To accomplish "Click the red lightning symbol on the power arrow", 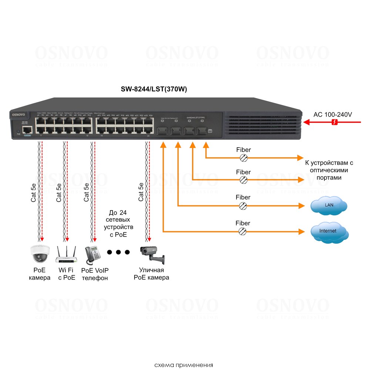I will pyautogui.click(x=334, y=122).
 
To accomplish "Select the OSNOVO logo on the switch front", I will pyautogui.click(x=18, y=115).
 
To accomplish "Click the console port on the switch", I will pyautogui.click(x=27, y=130).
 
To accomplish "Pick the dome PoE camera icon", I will pyautogui.click(x=40, y=254).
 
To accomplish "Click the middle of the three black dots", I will pyautogui.click(x=118, y=252).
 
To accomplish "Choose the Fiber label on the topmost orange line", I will pyautogui.click(x=243, y=150).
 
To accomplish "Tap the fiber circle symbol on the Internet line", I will pyautogui.click(x=243, y=231).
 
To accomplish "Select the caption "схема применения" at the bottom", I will pyautogui.click(x=184, y=365).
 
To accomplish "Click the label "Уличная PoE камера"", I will pyautogui.click(x=151, y=274).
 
